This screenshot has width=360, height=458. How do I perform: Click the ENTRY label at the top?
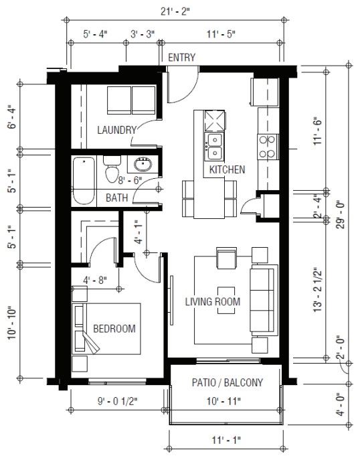click(181, 58)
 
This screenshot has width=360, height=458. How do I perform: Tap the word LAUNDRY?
click(117, 130)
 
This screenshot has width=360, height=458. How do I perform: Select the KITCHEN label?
click(227, 169)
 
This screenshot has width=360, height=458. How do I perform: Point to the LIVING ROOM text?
click(213, 301)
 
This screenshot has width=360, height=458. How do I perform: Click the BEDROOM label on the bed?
click(114, 329)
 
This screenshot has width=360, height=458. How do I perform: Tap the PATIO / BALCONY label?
click(228, 382)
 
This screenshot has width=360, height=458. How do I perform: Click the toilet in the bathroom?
click(112, 169)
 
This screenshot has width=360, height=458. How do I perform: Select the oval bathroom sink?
click(143, 165)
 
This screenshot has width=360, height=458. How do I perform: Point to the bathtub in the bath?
click(84, 181)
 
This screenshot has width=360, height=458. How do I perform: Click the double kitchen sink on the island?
click(215, 146)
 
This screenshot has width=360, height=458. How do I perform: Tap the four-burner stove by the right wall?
click(268, 147)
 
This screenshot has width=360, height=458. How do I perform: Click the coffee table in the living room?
click(226, 300)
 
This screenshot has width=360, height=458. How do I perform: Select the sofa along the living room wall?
click(264, 300)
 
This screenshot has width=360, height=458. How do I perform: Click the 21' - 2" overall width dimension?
click(175, 11)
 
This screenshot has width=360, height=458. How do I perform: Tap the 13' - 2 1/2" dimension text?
click(318, 290)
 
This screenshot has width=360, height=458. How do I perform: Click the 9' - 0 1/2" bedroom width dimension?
click(117, 401)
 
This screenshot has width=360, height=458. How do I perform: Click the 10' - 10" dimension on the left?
click(12, 323)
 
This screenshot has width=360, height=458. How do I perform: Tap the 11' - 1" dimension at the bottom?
click(227, 440)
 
